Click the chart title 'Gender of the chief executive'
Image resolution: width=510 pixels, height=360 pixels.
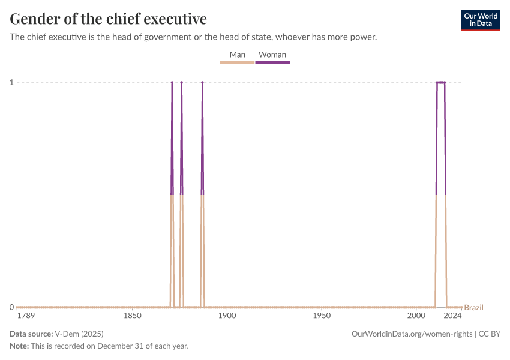tap(109, 19)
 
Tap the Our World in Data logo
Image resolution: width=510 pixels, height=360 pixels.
tap(480, 20)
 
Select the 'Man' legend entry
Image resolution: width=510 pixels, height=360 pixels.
tap(238, 55)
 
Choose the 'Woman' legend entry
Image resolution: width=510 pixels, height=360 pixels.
tap(272, 55)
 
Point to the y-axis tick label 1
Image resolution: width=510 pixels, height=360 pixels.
tap(12, 82)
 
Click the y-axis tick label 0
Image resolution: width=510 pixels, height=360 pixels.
tap(12, 307)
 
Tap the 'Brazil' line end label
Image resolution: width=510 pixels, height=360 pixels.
tap(473, 308)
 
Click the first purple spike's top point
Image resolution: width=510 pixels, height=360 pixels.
tap(172, 82)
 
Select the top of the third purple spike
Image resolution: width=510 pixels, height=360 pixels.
tap(202, 82)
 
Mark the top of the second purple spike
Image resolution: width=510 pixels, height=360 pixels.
tap(181, 82)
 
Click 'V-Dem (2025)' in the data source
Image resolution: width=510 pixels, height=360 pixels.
tap(79, 334)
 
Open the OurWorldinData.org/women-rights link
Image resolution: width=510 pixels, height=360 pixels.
tap(412, 334)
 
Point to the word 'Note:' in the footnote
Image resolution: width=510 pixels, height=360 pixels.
tap(21, 346)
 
